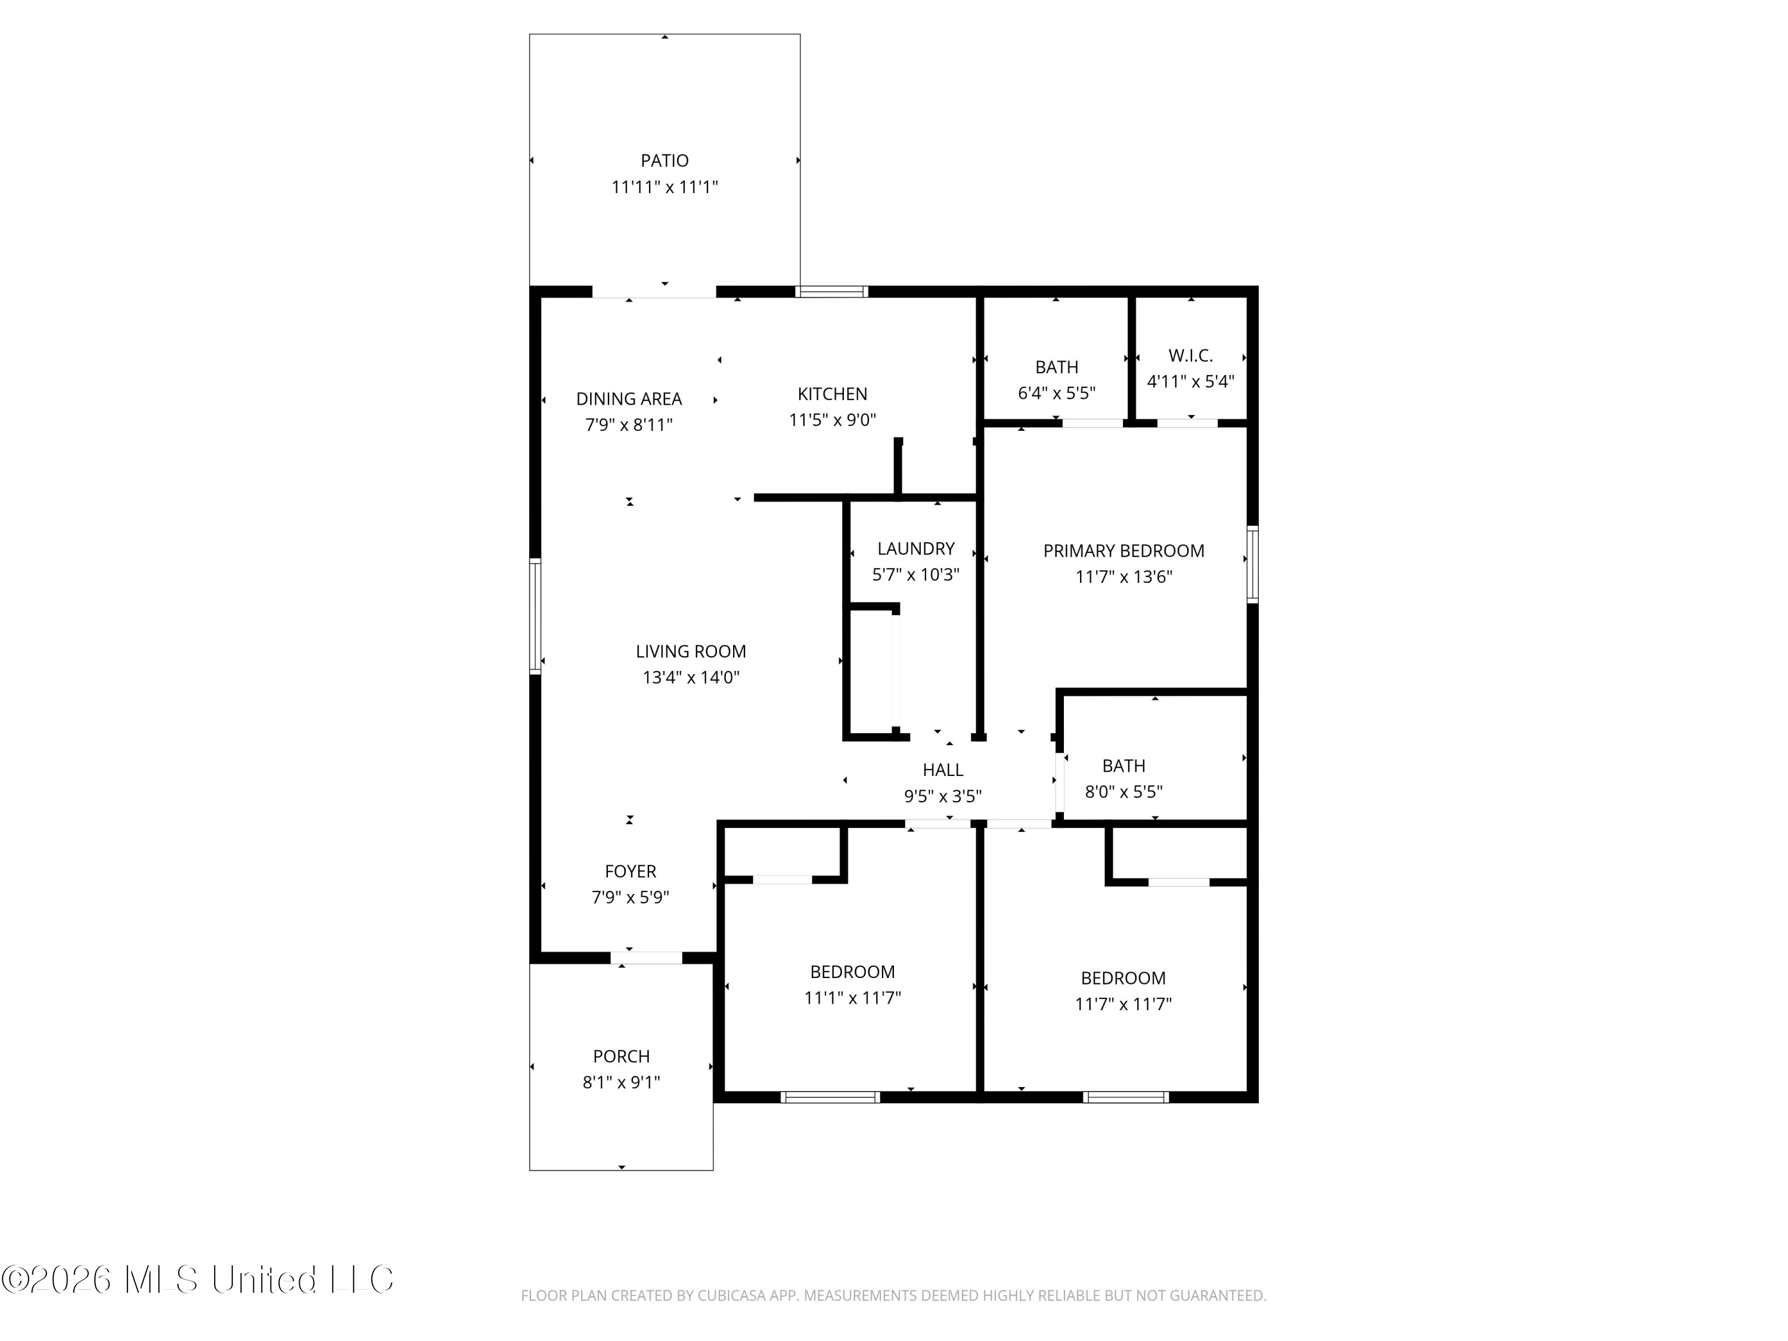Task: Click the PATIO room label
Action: [665, 161]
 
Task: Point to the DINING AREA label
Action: [629, 399]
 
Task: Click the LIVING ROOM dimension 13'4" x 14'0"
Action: [691, 678]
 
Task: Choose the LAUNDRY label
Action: [916, 549]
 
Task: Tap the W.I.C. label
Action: [1191, 356]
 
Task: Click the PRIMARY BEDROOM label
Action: [1123, 551]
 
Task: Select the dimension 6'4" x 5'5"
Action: [1057, 393]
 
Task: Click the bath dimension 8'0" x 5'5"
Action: [1123, 792]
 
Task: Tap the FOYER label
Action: [631, 871]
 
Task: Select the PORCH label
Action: [621, 1057]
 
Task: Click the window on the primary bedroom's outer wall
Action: [1252, 564]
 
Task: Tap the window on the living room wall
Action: [535, 616]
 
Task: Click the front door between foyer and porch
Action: [647, 958]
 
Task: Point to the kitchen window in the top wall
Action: [832, 292]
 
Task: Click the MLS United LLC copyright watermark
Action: [197, 1280]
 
